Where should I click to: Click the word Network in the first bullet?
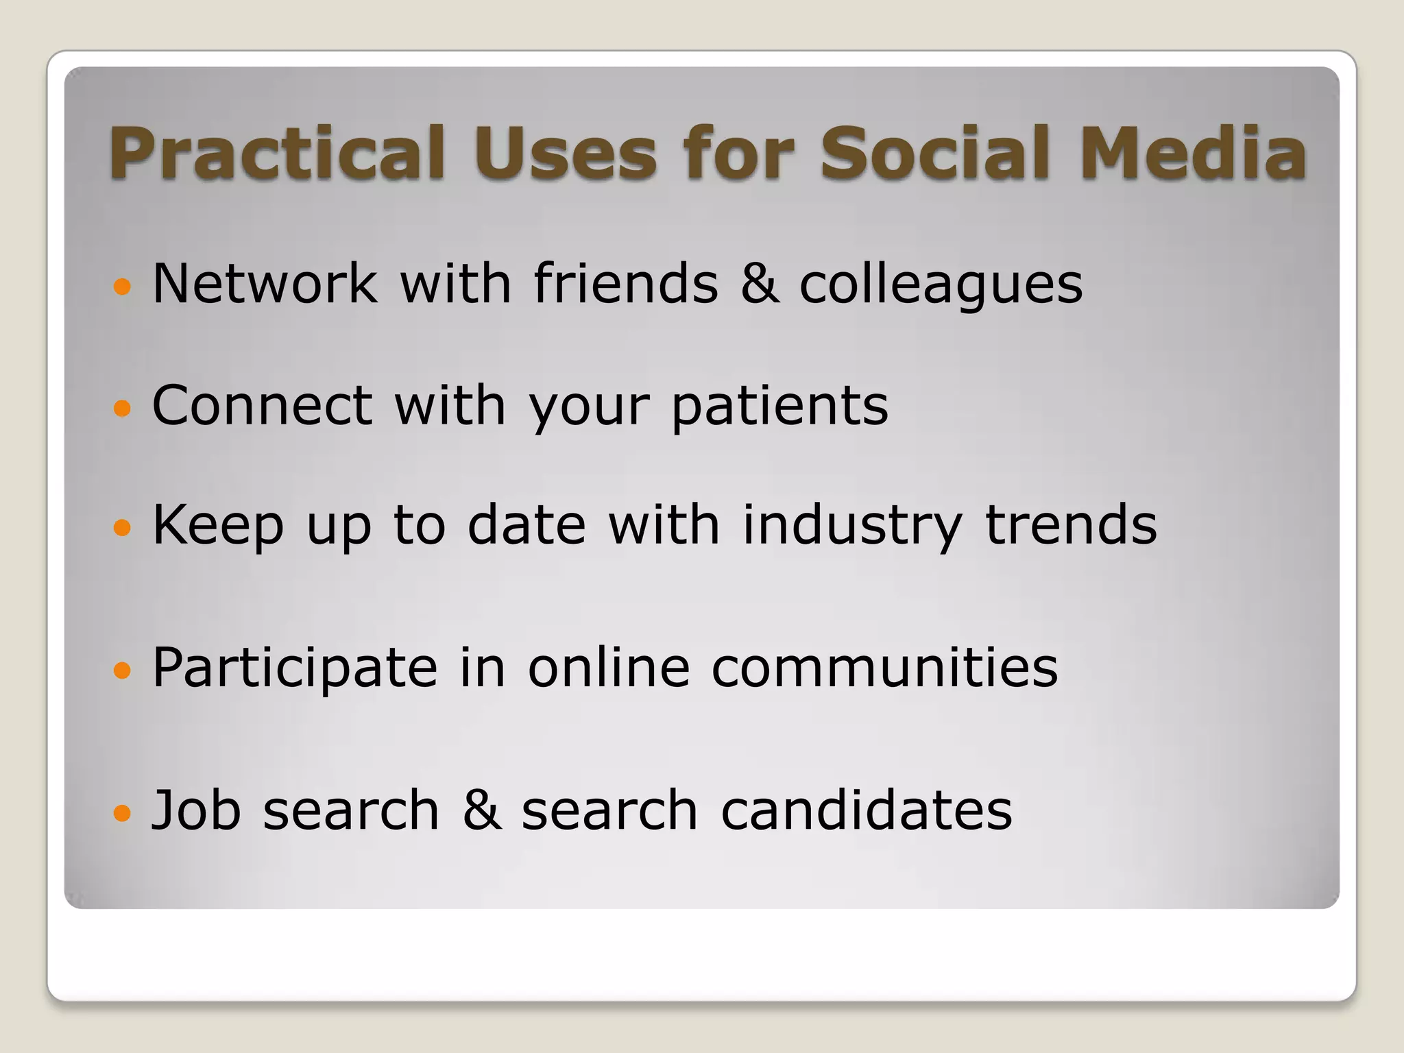click(265, 283)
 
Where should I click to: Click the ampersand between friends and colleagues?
click(760, 284)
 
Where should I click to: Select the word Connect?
click(262, 405)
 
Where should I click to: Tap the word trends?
click(1071, 525)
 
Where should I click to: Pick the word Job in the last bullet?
click(196, 810)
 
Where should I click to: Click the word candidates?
click(867, 810)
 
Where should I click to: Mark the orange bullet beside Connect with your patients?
click(121, 409)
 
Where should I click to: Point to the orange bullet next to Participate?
click(121, 670)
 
